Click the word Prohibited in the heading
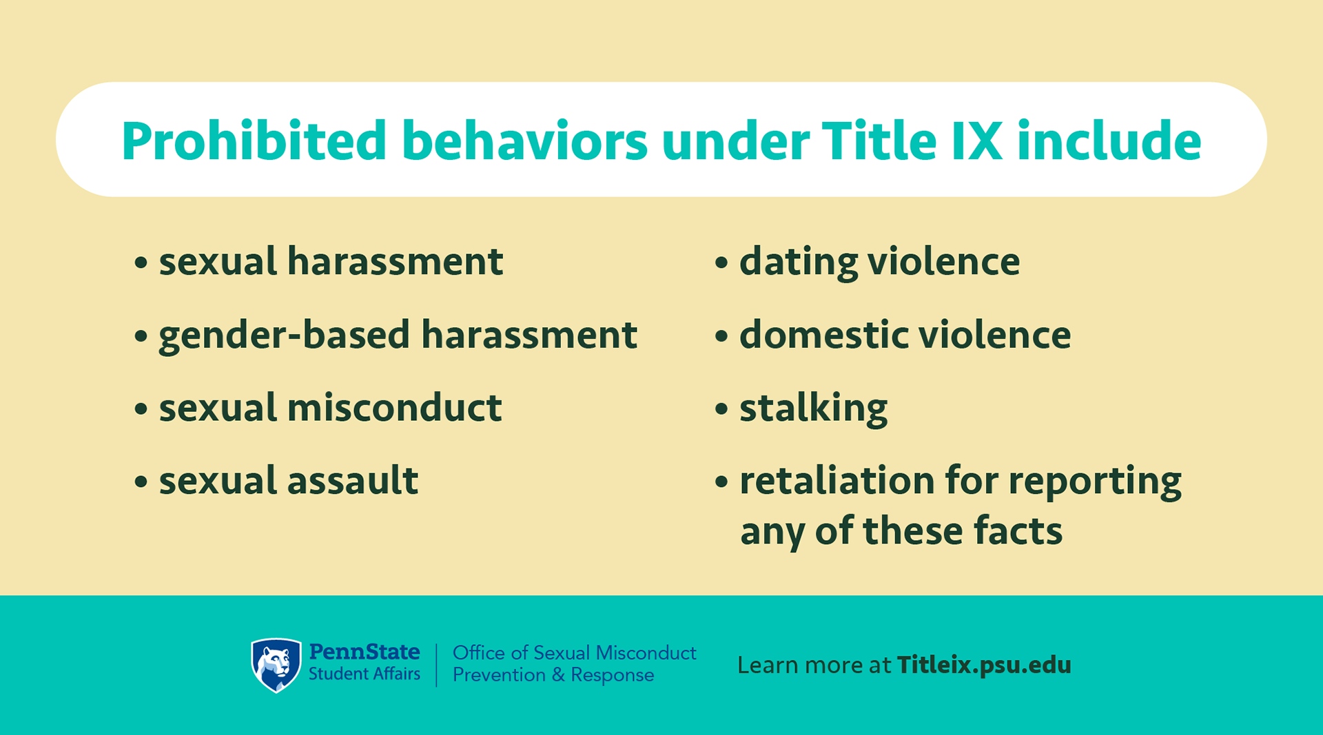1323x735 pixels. click(254, 141)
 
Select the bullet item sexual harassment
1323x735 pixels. click(318, 262)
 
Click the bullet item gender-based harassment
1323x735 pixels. click(386, 335)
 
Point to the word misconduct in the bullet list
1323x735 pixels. click(394, 407)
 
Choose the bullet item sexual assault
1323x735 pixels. click(276, 480)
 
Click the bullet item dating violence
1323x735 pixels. click(867, 262)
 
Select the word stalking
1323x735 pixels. click(814, 408)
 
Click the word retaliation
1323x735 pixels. click(837, 480)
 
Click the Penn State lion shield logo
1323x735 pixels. click(276, 665)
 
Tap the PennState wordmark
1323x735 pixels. click(365, 652)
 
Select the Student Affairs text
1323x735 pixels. click(365, 674)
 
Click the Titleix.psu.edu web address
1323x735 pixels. click(984, 665)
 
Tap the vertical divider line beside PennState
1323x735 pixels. click(437, 665)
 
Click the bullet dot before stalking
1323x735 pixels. click(721, 409)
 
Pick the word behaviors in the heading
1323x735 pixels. click(524, 141)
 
